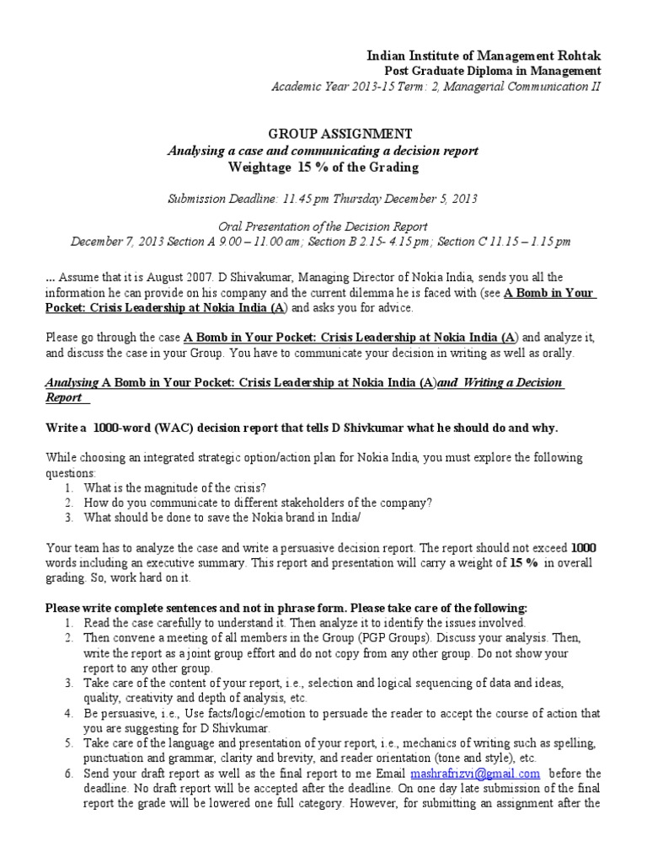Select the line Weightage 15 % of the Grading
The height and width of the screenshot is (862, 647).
pos(323,167)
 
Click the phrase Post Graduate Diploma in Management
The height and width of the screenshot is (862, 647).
pos(493,71)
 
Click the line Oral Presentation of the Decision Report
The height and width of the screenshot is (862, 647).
pos(323,226)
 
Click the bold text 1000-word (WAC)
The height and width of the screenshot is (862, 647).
pos(144,428)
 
